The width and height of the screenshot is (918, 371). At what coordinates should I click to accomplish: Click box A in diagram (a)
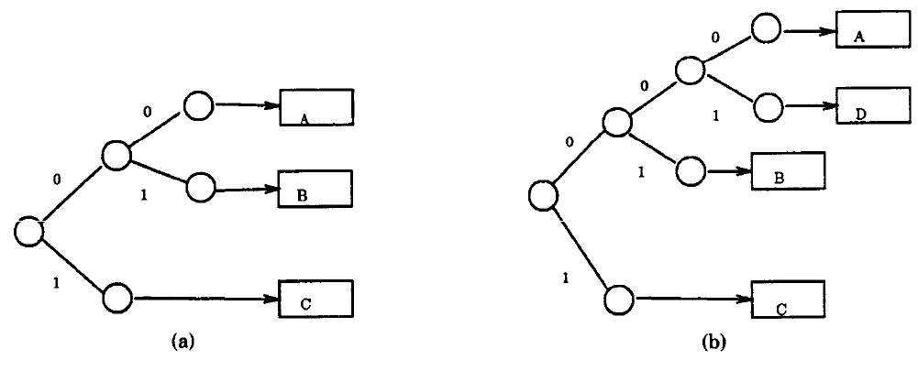316,107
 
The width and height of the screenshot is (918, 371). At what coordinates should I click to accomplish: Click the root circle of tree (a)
29,231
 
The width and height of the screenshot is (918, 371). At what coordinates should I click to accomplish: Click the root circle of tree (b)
544,194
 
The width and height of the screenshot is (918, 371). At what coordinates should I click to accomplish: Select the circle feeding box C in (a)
118,298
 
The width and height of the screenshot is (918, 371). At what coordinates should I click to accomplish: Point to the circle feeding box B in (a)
199,189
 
